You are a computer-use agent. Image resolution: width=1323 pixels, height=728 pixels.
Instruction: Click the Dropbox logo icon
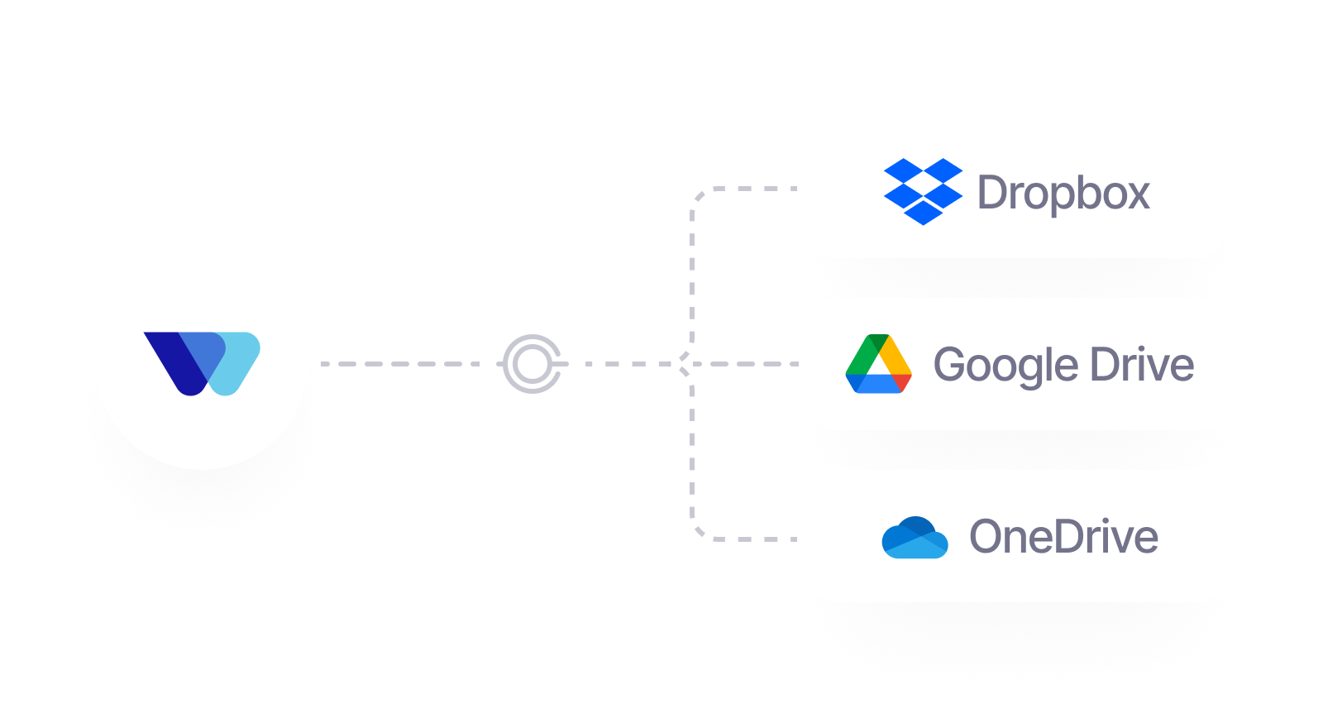(x=923, y=192)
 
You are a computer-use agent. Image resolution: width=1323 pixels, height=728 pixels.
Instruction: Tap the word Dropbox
(x=1063, y=194)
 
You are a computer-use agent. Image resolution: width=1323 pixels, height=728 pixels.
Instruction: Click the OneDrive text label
(x=1063, y=537)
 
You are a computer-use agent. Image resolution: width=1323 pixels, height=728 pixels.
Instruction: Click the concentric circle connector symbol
(x=532, y=363)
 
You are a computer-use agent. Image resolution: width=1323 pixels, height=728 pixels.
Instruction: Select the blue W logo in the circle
(x=202, y=363)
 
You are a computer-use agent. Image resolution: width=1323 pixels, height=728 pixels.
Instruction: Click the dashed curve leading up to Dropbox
(x=693, y=248)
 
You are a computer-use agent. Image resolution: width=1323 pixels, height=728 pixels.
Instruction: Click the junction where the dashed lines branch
(x=683, y=363)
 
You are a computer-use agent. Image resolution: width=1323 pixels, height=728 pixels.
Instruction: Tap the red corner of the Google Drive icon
(x=902, y=383)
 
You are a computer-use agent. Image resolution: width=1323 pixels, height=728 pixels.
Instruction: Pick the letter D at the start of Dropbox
(x=991, y=193)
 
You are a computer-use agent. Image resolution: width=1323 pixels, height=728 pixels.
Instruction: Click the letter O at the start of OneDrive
(x=986, y=537)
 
